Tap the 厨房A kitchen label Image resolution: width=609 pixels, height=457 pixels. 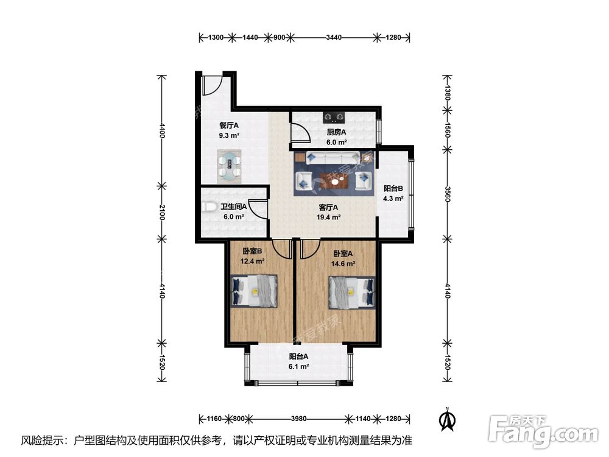click(x=336, y=132)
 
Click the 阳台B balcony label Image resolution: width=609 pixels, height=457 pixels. click(x=393, y=189)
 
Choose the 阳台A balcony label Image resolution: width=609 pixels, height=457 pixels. click(x=298, y=356)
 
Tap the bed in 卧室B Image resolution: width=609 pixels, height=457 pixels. click(x=255, y=290)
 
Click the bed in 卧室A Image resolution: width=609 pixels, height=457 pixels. click(x=351, y=291)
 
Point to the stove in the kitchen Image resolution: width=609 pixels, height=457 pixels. click(x=334, y=115)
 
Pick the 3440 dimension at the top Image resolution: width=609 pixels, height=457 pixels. click(x=334, y=38)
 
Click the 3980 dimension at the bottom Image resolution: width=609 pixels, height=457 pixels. click(x=298, y=419)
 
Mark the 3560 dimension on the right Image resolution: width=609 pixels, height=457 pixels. click(x=448, y=196)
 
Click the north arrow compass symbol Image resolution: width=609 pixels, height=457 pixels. click(x=448, y=419)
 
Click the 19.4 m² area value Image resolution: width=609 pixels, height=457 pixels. click(x=329, y=216)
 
